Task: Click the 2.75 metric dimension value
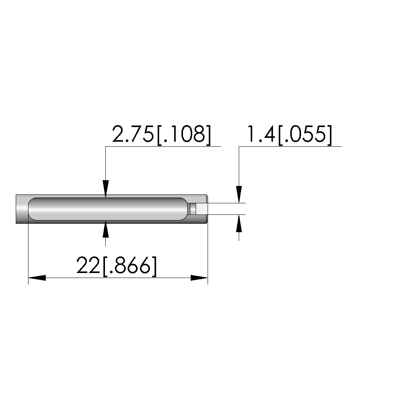click(133, 134)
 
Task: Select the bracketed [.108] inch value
click(184, 135)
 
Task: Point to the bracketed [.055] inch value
click(305, 135)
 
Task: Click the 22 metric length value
click(88, 265)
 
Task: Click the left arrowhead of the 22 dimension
click(37, 278)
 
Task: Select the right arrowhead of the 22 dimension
click(199, 278)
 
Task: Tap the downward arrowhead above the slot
click(106, 189)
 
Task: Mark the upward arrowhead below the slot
click(106, 229)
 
